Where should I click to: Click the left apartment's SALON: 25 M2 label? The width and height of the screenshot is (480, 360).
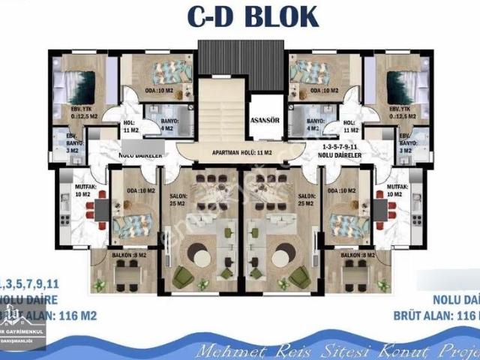tap(178, 199)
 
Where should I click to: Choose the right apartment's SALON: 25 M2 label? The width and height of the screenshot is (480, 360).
tap(305, 199)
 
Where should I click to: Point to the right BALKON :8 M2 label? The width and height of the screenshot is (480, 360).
tap(357, 256)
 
